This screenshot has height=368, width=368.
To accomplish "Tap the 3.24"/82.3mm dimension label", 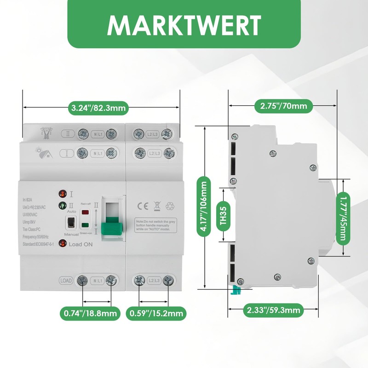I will (98, 109).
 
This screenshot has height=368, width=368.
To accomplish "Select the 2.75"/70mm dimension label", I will (283, 107).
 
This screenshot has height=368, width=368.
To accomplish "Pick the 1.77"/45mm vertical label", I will (342, 218).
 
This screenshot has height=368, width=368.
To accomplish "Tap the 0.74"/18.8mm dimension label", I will (90, 314).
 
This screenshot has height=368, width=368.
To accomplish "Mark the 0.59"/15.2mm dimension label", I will (156, 314).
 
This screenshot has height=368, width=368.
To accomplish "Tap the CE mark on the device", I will (144, 206).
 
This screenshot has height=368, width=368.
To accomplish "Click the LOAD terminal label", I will (66, 280).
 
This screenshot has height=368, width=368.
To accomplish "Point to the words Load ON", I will (80, 244).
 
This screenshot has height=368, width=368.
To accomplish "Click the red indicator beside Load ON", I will (61, 244).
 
